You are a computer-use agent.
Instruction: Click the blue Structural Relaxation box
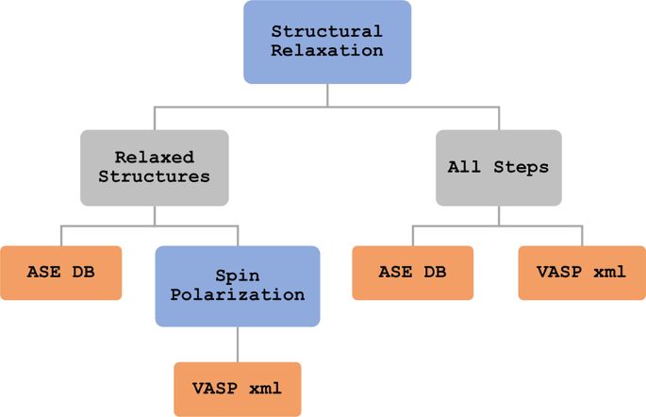(327, 42)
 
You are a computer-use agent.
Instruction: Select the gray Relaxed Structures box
(155, 167)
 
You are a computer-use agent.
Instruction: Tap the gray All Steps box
(498, 167)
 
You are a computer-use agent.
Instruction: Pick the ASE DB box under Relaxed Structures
(61, 273)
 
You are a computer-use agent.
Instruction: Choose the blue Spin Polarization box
(237, 286)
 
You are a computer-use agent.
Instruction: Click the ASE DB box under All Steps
(412, 273)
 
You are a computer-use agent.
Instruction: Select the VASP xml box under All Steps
(581, 273)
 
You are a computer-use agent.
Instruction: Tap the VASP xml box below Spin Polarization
(237, 389)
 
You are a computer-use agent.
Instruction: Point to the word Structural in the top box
(327, 32)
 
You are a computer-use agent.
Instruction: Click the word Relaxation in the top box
(327, 51)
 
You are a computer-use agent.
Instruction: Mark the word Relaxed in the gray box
(155, 158)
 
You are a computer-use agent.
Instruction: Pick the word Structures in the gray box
(155, 176)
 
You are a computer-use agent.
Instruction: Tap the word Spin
(237, 276)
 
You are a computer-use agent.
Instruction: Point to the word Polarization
(237, 295)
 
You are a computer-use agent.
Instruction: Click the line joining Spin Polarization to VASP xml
(238, 344)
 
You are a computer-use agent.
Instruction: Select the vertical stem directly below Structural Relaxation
(327, 94)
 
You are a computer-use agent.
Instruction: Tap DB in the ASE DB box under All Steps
(435, 273)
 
